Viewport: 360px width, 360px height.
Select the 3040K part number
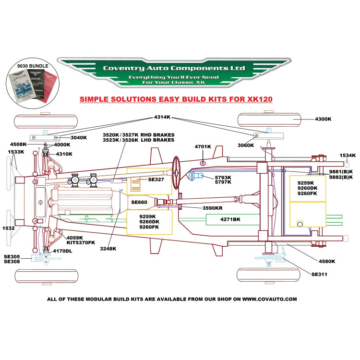click(78, 138)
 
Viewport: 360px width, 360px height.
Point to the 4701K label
click(203, 146)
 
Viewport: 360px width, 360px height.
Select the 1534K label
click(348, 155)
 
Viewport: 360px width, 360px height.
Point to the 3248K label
click(109, 249)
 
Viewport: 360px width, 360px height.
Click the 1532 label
click(8, 228)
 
